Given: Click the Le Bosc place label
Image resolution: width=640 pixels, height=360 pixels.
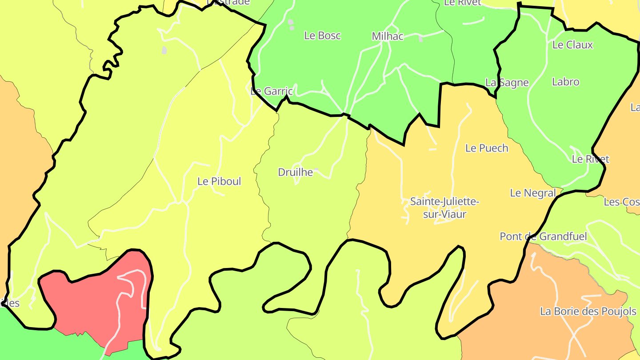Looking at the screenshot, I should point(322,36).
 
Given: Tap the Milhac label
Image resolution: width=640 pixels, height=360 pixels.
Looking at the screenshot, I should point(388,36).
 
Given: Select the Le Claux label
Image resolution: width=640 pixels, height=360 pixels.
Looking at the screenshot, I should point(572,45).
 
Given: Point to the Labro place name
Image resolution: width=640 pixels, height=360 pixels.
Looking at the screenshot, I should point(565,82).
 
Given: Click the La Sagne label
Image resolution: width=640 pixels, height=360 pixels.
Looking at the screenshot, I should point(507,83).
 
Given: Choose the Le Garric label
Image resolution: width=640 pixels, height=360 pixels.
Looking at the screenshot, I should point(272,92).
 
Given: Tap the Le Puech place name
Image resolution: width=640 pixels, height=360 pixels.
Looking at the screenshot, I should point(487,148).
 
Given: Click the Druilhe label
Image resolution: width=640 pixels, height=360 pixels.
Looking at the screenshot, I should point(296,172).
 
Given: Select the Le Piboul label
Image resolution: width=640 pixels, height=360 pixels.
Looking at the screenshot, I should point(219,181).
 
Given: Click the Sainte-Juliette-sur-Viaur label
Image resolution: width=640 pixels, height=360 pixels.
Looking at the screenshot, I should point(444,208).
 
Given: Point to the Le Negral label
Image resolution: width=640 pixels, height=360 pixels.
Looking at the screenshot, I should point(533,193).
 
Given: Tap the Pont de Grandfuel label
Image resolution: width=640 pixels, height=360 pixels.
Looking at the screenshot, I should point(543,236).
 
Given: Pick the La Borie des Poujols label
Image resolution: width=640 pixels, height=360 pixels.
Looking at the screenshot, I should point(588,312).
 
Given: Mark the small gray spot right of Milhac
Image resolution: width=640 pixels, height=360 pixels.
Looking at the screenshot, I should point(420,40).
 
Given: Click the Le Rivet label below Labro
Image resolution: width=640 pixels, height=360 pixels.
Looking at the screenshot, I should point(590,159).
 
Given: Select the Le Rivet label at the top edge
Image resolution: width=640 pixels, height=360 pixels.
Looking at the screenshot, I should point(463,3).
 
